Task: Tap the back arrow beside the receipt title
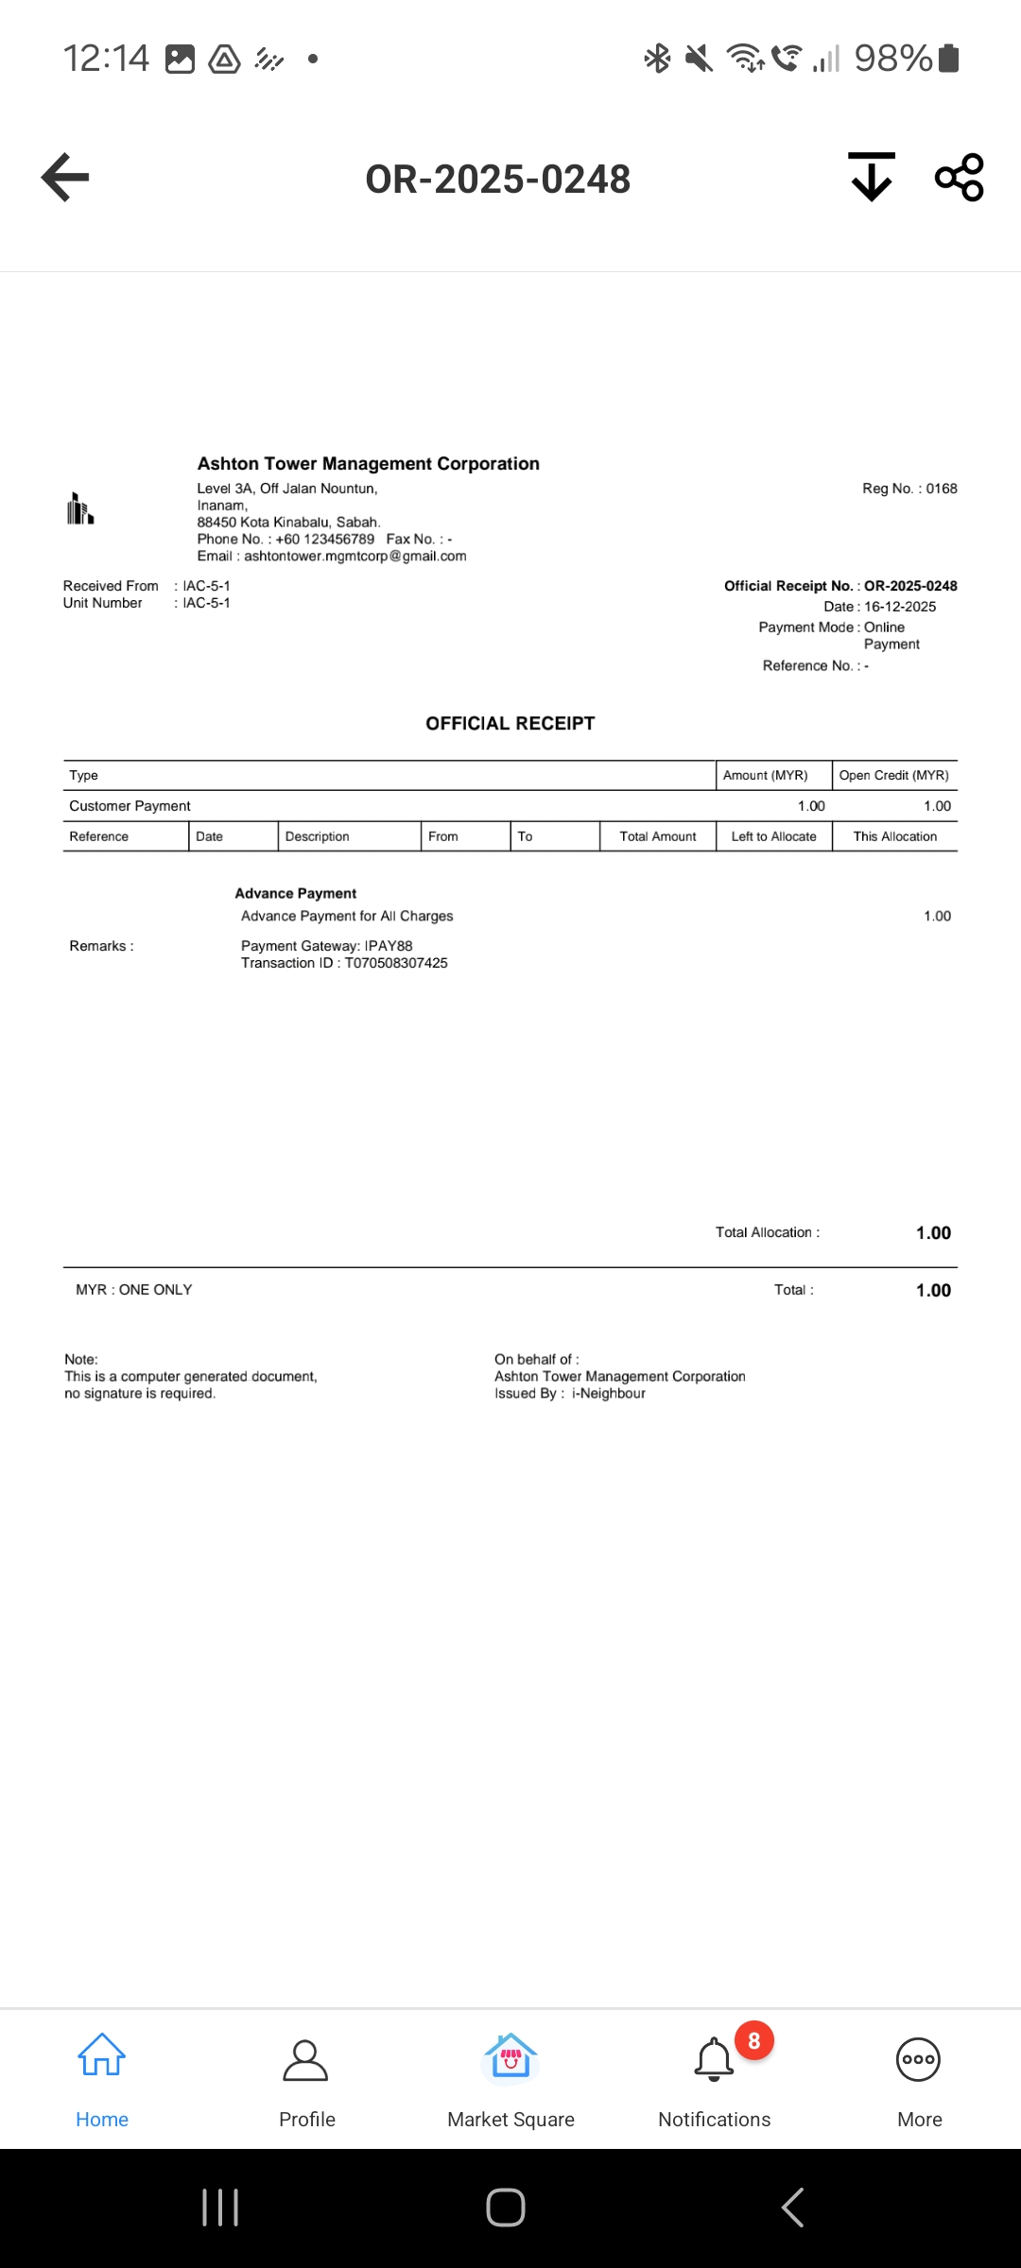click(65, 177)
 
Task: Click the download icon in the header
click(871, 177)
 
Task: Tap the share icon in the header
click(959, 177)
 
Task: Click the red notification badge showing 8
click(753, 2041)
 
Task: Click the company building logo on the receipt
click(80, 508)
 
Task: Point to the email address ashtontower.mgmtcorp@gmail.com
click(355, 557)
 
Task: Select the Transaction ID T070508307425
click(396, 963)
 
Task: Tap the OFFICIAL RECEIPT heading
click(510, 724)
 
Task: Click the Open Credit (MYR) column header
click(893, 776)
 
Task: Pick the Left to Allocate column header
click(773, 836)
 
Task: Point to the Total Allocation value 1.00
click(933, 1233)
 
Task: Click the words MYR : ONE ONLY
click(134, 1290)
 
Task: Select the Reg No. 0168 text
click(909, 489)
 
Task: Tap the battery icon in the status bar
click(949, 59)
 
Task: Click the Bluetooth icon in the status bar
click(657, 59)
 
